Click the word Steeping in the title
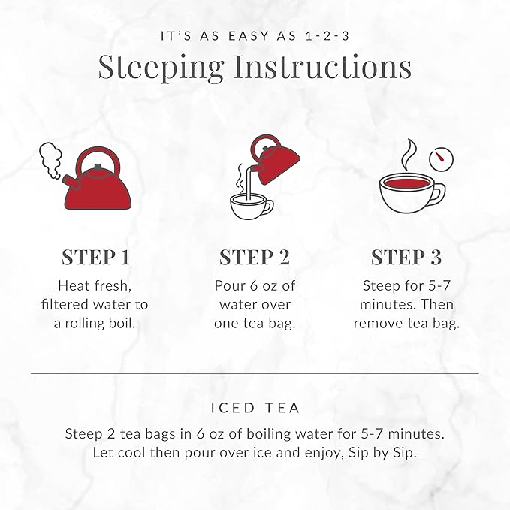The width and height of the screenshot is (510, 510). click(x=161, y=67)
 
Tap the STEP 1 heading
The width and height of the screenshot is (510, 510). click(x=95, y=257)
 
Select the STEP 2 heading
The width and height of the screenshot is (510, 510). click(x=254, y=257)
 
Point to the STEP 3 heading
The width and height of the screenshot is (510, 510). click(x=406, y=257)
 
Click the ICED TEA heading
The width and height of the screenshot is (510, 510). click(x=255, y=408)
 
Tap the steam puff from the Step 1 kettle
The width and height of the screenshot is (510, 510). click(x=50, y=160)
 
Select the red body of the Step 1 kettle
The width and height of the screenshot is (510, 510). click(x=98, y=192)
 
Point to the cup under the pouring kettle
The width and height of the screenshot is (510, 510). click(x=250, y=206)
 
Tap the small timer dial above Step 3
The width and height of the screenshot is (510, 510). click(x=441, y=159)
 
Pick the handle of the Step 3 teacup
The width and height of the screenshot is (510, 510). click(x=437, y=193)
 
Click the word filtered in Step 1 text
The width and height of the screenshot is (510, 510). click(x=68, y=304)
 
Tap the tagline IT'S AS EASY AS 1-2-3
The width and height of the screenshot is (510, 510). click(x=255, y=35)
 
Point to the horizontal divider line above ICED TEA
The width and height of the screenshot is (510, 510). click(x=255, y=373)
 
